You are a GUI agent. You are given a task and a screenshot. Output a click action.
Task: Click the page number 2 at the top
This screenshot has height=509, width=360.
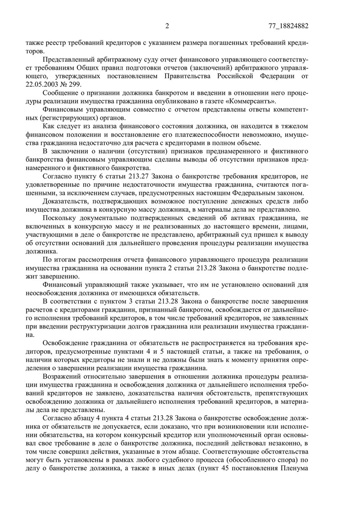point(167,26)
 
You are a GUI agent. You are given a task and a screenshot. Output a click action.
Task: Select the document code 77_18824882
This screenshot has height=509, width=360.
point(287,26)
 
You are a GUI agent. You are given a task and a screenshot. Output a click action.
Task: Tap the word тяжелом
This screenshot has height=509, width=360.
point(293,126)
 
